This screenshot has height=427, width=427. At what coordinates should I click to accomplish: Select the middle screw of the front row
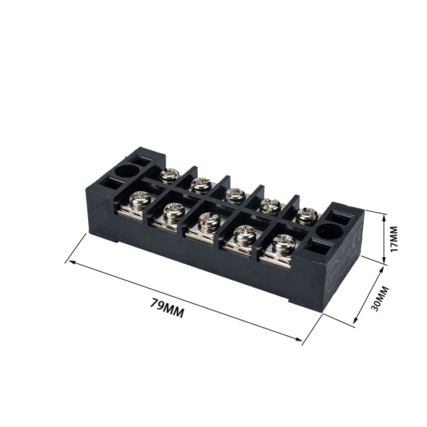pos(209,221)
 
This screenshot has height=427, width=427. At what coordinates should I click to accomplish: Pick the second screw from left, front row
pos(173,211)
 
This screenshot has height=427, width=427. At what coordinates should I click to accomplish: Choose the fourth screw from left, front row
pos(246,233)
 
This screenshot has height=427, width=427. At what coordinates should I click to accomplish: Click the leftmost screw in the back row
pos(169,175)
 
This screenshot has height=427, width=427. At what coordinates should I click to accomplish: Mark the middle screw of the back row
pos(234,195)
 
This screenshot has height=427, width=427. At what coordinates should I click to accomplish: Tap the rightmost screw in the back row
pos(307,215)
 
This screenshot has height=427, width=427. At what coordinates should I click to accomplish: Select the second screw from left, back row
pos(200,184)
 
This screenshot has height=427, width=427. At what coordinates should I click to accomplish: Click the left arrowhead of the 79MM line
pos(68,261)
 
